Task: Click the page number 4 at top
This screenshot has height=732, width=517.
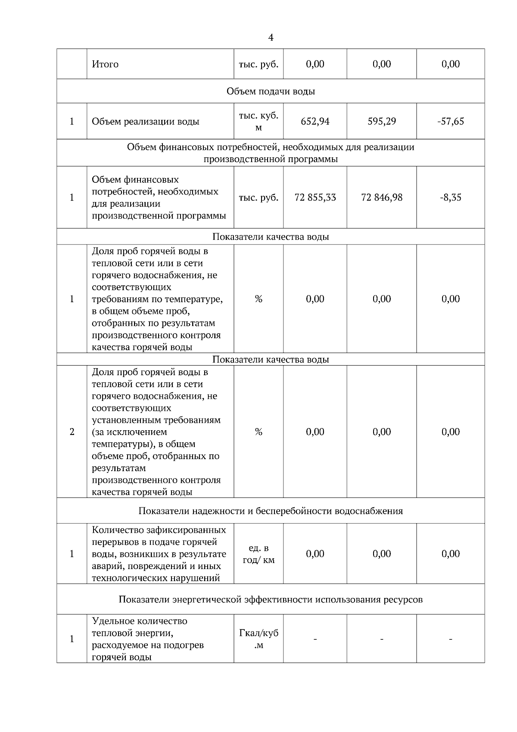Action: pyautogui.click(x=271, y=38)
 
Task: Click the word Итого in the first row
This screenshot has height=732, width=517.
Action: pyautogui.click(x=105, y=64)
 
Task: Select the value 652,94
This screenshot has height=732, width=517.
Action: pyautogui.click(x=315, y=122)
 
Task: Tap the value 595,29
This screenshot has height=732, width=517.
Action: pyautogui.click(x=382, y=122)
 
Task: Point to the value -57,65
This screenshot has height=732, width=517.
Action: pyautogui.click(x=450, y=122)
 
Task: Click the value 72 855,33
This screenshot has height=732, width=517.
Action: pyautogui.click(x=315, y=197)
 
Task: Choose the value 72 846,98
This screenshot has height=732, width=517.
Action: pyautogui.click(x=382, y=197)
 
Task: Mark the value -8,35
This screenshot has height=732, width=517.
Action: pyautogui.click(x=450, y=197)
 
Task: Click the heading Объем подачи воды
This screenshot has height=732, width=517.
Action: pyautogui.click(x=271, y=91)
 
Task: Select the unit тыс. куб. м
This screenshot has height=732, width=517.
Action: pyautogui.click(x=258, y=122)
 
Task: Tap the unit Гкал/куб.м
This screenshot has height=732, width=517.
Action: pyautogui.click(x=258, y=639)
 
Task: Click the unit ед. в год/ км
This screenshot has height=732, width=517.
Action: pyautogui.click(x=258, y=554)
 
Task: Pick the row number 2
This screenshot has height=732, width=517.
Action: pyautogui.click(x=72, y=432)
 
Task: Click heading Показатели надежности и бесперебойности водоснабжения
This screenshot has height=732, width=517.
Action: pyautogui.click(x=271, y=511)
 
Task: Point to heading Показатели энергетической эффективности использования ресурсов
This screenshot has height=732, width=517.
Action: pyautogui.click(x=271, y=600)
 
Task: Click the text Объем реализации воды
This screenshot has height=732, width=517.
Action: pyautogui.click(x=146, y=122)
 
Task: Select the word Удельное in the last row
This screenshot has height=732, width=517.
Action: pyautogui.click(x=112, y=621)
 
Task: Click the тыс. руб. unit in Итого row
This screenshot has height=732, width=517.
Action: pyautogui.click(x=258, y=64)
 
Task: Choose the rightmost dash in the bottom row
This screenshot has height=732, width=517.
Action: pyautogui.click(x=450, y=639)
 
